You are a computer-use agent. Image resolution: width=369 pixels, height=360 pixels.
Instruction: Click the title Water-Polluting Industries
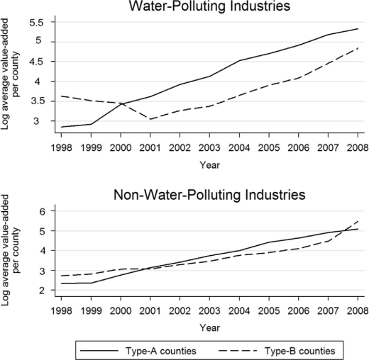click(x=209, y=6)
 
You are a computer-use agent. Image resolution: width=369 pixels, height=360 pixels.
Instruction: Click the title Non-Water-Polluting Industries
click(x=209, y=195)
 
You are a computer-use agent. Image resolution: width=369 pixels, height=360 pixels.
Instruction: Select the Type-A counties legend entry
click(x=138, y=351)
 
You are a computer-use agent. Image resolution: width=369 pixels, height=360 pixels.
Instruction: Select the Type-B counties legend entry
click(x=277, y=351)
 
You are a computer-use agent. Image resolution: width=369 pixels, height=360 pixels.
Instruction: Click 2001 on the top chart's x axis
click(x=150, y=148)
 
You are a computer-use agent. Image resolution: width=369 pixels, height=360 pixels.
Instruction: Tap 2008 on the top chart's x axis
click(x=358, y=148)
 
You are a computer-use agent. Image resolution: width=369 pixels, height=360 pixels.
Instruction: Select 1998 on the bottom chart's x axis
click(x=62, y=311)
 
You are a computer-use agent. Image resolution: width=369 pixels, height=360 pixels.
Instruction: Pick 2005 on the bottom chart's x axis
click(x=269, y=311)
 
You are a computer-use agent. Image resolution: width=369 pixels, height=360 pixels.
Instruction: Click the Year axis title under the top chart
click(x=209, y=165)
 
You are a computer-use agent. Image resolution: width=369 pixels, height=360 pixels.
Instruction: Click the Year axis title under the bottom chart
click(x=209, y=328)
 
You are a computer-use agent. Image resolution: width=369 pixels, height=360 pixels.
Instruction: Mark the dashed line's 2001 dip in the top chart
click(x=150, y=119)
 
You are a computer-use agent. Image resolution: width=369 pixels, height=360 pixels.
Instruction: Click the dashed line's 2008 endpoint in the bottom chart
click(x=358, y=221)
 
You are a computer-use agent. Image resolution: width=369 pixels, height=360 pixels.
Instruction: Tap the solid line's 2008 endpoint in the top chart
click(x=358, y=28)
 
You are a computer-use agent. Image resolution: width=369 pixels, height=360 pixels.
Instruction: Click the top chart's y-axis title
click(x=10, y=74)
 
